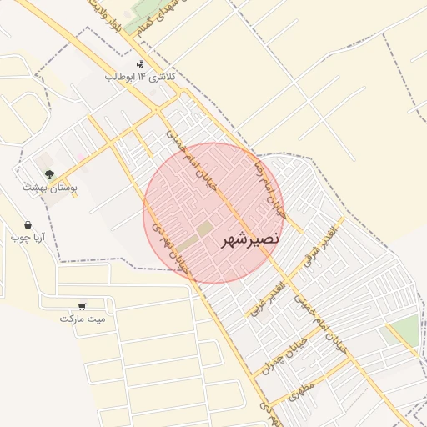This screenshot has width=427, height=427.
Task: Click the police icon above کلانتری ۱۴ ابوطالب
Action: click(x=140, y=63)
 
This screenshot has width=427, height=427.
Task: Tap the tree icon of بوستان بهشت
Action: click(x=50, y=175)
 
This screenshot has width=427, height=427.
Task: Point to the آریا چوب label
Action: click(x=28, y=237)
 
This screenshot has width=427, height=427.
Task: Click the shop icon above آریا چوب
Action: click(x=28, y=224)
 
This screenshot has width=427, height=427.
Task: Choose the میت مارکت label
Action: click(x=83, y=319)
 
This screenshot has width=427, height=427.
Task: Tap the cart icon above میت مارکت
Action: click(x=82, y=306)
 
